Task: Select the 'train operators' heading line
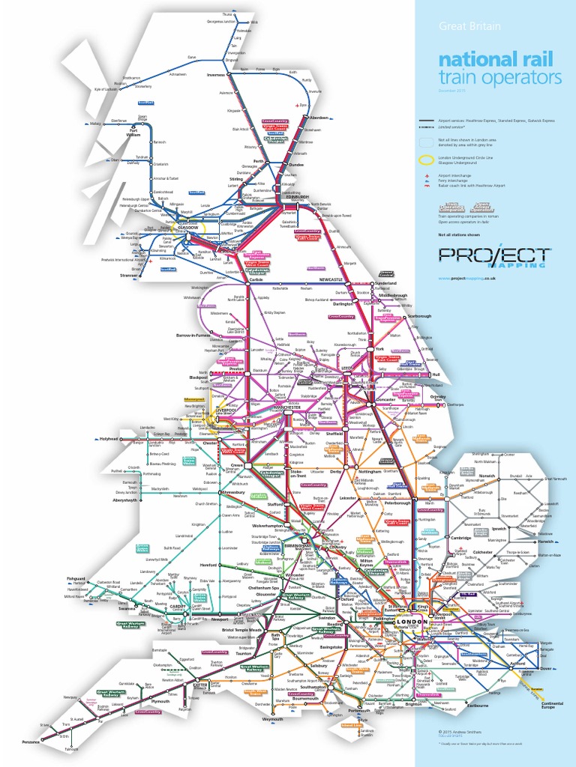tap(499, 78)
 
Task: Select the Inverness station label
tap(216, 75)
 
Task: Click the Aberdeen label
tap(319, 118)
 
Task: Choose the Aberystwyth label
tap(127, 500)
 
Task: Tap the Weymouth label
tap(272, 719)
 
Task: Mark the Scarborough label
tap(420, 317)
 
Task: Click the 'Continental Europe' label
tap(553, 705)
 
